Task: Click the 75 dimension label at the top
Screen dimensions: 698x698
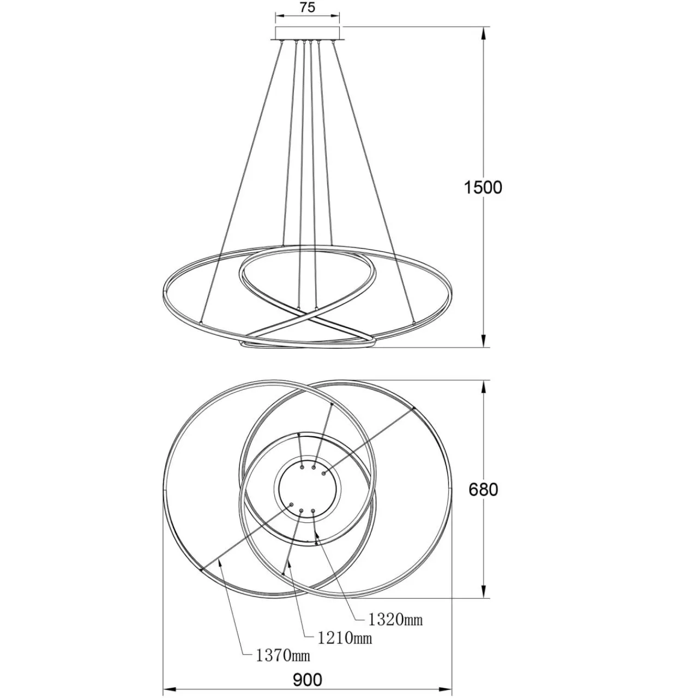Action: (307, 8)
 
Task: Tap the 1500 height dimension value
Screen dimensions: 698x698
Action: (483, 188)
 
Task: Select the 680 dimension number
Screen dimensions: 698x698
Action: (483, 490)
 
